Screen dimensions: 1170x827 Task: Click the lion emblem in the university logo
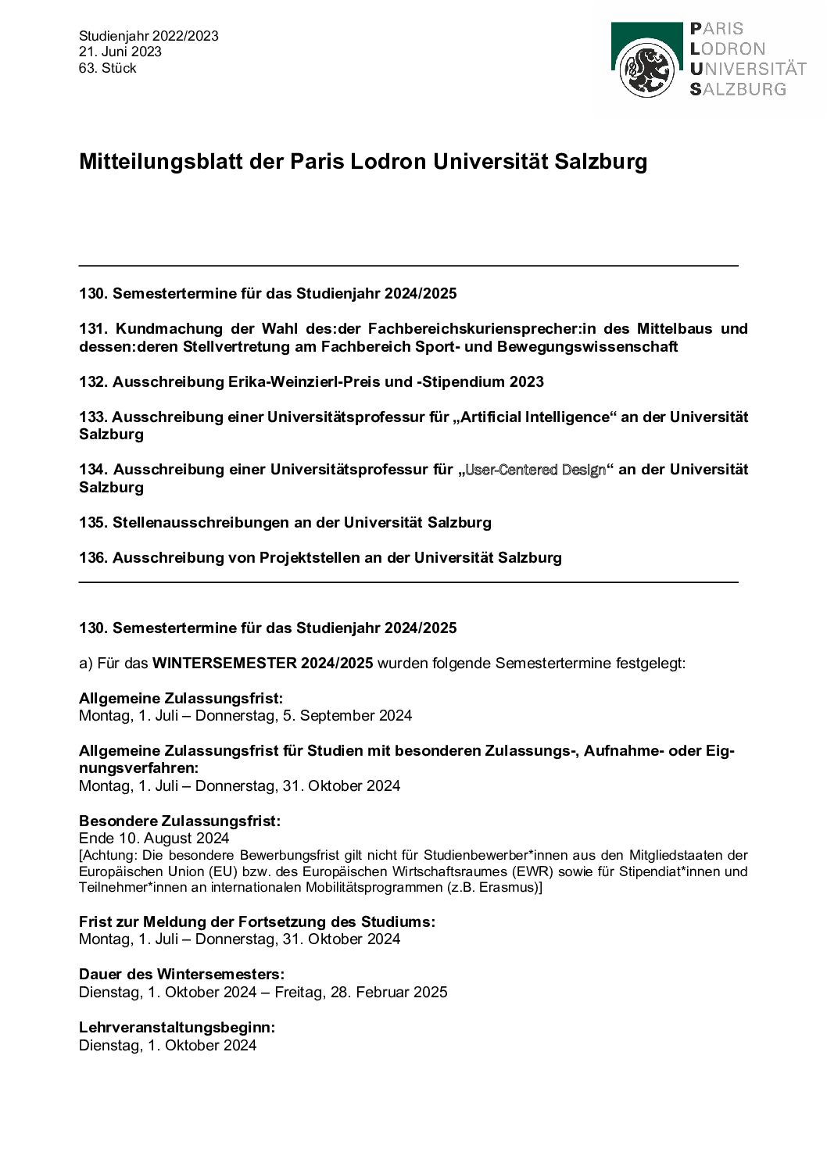pyautogui.click(x=646, y=70)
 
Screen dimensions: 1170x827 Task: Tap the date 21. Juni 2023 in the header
pyautogui.click(x=120, y=52)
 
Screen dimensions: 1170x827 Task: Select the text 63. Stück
pyautogui.click(x=108, y=68)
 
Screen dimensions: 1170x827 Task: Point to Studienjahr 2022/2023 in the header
pyautogui.click(x=149, y=36)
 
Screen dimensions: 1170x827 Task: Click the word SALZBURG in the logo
pyautogui.click(x=738, y=89)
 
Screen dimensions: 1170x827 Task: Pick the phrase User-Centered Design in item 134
pyautogui.click(x=535, y=470)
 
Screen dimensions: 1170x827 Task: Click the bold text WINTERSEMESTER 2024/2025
pyautogui.click(x=262, y=664)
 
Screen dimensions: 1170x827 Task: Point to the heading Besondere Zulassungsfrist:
pyautogui.click(x=180, y=821)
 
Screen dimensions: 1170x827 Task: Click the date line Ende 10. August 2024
pyautogui.click(x=154, y=839)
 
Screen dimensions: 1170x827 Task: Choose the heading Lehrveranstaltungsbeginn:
pyautogui.click(x=177, y=1028)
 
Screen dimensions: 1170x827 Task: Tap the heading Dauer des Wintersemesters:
pyautogui.click(x=181, y=975)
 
